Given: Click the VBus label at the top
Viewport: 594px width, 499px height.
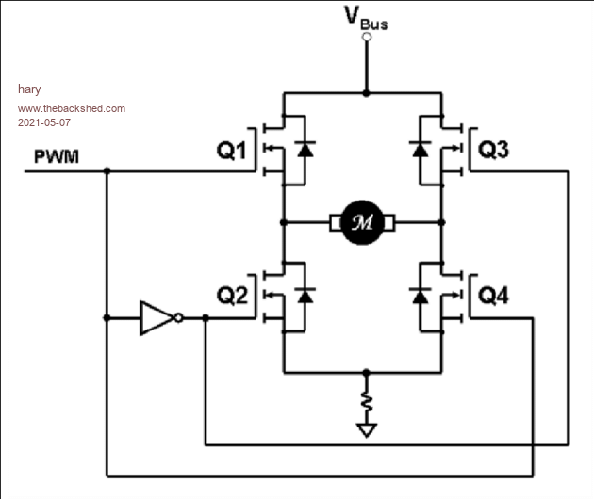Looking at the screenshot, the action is click(366, 17).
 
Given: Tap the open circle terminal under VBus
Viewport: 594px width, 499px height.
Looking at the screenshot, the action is click(367, 37).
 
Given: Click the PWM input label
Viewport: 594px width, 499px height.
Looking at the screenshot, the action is click(57, 156).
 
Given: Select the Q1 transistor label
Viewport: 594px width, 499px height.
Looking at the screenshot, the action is click(231, 150).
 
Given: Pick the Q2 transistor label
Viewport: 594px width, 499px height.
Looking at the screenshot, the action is click(232, 295).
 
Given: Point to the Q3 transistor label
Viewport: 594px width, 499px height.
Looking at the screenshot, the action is click(494, 150).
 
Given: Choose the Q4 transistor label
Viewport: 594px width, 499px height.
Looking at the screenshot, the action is click(494, 296).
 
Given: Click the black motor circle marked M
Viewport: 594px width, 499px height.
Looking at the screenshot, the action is click(362, 222).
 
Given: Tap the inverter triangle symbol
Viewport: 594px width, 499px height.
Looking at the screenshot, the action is click(157, 318).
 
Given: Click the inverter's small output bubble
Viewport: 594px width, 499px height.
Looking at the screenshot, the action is click(179, 318).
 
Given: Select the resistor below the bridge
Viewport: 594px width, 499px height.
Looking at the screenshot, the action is click(367, 402).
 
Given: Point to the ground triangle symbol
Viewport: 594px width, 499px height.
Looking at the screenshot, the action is click(367, 430).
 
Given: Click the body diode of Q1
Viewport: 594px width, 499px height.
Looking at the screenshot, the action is click(305, 149).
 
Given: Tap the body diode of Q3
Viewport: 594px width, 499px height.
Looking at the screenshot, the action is click(421, 149).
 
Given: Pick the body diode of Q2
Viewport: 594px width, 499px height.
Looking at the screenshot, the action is click(305, 295).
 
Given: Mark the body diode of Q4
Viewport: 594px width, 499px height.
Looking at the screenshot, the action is click(421, 295).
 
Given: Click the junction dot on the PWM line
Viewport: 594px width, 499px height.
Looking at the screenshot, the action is click(107, 171).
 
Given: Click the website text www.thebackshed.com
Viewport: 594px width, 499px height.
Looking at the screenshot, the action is click(72, 108).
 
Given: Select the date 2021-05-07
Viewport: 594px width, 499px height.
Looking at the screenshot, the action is click(44, 122).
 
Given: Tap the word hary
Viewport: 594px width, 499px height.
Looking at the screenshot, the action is click(29, 89).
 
